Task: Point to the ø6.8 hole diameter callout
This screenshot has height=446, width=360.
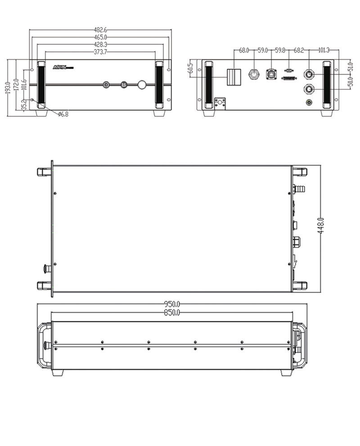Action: click(63, 115)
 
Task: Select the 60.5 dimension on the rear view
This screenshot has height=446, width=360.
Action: click(190, 68)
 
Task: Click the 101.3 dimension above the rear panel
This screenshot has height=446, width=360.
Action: click(324, 50)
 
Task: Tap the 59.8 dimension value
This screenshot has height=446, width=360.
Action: click(280, 50)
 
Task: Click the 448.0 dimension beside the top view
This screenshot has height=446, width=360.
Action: click(321, 225)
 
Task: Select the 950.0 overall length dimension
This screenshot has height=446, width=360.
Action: click(172, 304)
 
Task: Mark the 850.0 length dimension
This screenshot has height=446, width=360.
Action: click(172, 312)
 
